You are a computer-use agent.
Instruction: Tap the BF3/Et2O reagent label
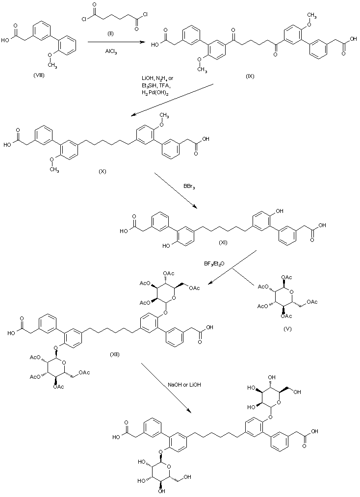click(214, 264)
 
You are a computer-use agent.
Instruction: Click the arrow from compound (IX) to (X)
click(172, 101)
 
